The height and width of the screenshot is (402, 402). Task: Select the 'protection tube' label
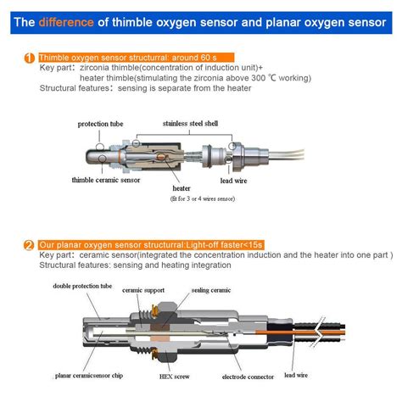coord(100,124)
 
